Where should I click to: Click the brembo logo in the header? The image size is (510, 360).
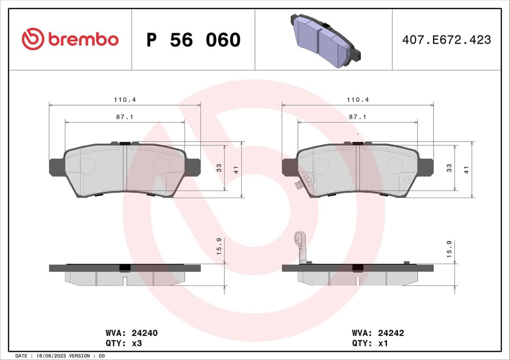(x=70, y=40)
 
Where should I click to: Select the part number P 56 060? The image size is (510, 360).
(x=193, y=40)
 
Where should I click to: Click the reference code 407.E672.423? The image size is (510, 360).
(x=446, y=40)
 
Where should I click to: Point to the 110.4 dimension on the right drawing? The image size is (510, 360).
(x=357, y=100)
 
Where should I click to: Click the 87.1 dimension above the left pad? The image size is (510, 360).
(x=124, y=117)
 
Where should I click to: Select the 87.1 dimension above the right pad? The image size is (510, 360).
(x=357, y=117)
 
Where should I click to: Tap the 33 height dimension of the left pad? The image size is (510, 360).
(x=220, y=167)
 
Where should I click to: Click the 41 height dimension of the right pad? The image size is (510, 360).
(x=467, y=168)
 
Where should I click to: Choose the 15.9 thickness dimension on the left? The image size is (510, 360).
(x=220, y=246)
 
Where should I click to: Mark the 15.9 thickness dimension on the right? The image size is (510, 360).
(x=450, y=248)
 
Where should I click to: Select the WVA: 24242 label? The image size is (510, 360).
(x=378, y=333)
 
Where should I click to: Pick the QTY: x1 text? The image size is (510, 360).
(x=370, y=343)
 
